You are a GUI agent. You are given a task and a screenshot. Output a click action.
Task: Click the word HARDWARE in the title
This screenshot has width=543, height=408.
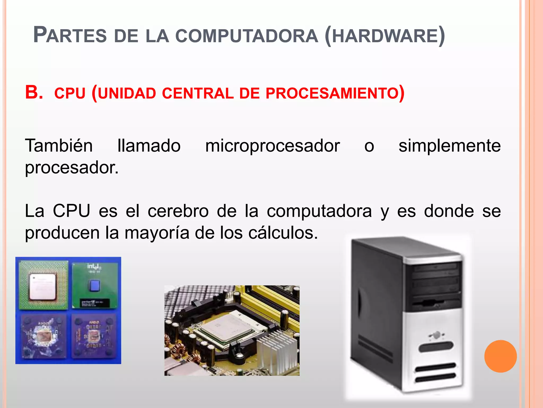click(384, 36)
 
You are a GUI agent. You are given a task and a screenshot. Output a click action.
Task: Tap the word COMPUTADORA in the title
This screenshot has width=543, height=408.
click(247, 36)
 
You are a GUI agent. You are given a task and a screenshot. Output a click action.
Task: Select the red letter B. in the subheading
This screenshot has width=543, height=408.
click(34, 92)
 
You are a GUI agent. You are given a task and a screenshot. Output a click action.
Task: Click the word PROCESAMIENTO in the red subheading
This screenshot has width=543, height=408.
click(332, 93)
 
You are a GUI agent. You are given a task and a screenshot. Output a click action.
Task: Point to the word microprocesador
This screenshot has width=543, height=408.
click(272, 146)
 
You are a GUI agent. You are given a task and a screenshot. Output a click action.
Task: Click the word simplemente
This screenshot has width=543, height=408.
click(449, 146)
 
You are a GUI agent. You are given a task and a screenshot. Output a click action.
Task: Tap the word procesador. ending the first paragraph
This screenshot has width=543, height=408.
click(72, 168)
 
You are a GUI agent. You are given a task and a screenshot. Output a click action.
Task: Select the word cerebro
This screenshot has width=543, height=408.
click(178, 211)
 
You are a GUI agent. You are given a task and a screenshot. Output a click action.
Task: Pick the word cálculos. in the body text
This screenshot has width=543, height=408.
click(283, 233)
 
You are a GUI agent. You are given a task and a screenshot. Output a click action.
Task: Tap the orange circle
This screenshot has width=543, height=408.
click(500, 356)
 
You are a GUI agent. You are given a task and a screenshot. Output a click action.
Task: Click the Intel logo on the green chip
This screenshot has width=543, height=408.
click(94, 266)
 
